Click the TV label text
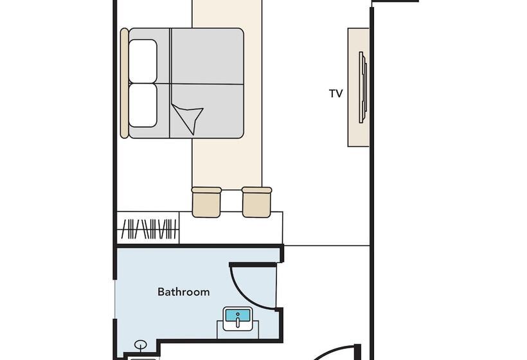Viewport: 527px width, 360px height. pyautogui.click(x=335, y=93)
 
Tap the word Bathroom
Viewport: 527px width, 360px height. pyautogui.click(x=184, y=292)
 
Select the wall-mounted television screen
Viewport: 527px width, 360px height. pyautogui.click(x=362, y=87)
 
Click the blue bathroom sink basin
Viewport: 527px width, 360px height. pyautogui.click(x=238, y=316)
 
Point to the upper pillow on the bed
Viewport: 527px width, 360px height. pyautogui.click(x=143, y=61)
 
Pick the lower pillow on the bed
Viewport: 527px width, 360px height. pyautogui.click(x=143, y=105)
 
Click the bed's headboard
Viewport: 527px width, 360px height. pyautogui.click(x=124, y=83)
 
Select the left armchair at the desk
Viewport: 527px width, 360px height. pyautogui.click(x=206, y=202)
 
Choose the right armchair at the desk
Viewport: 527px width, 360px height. pyautogui.click(x=257, y=202)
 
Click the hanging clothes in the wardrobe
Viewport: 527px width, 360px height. pyautogui.click(x=149, y=229)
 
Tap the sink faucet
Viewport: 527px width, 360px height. pyautogui.click(x=238, y=319)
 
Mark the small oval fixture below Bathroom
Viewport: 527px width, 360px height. pyautogui.click(x=141, y=345)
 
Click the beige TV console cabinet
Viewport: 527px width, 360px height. pyautogui.click(x=358, y=87)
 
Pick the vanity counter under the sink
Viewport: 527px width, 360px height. pyautogui.click(x=238, y=330)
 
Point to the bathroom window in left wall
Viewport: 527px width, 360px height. pyautogui.click(x=115, y=299)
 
